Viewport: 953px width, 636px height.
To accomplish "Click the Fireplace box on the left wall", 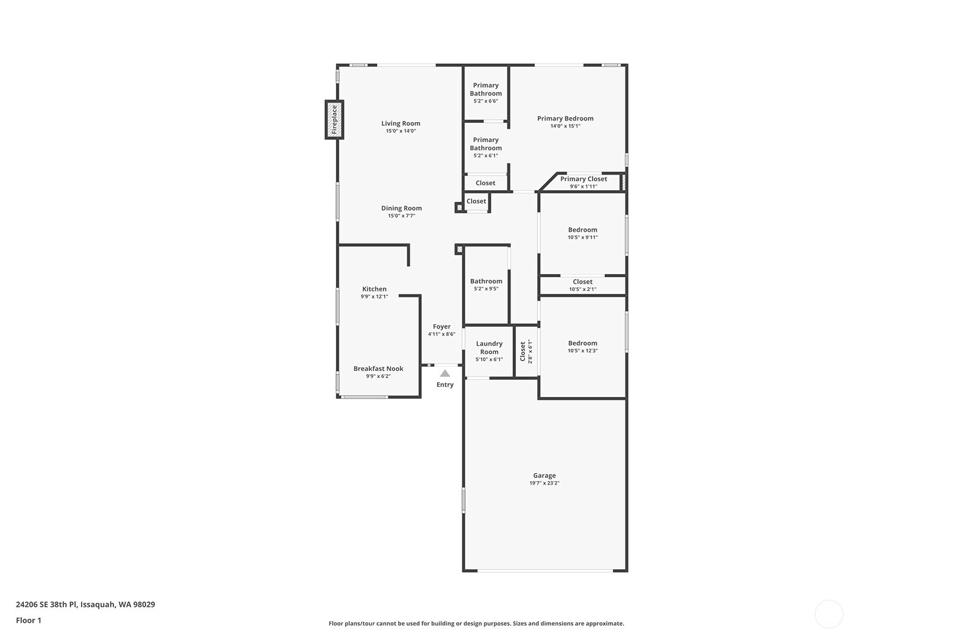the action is pyautogui.click(x=334, y=120).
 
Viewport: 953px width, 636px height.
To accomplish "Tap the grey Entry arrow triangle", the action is pyautogui.click(x=445, y=373).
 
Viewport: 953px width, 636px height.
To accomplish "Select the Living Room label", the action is pyautogui.click(x=401, y=123).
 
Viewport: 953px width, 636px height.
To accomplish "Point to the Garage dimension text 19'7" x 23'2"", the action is pyautogui.click(x=544, y=483).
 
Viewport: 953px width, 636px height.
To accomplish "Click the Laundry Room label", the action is pyautogui.click(x=489, y=348).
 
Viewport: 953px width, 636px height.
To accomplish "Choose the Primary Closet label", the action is pyautogui.click(x=584, y=179).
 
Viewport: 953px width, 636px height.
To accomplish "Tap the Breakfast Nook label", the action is pyautogui.click(x=378, y=368).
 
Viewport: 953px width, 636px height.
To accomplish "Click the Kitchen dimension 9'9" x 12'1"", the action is pyautogui.click(x=375, y=297).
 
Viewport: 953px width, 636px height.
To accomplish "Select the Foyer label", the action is pyautogui.click(x=441, y=327).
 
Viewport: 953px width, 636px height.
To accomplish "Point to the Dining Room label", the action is pyautogui.click(x=401, y=208).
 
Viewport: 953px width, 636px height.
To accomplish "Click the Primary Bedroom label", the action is pyautogui.click(x=565, y=119).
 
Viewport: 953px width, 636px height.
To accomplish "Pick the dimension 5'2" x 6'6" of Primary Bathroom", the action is pyautogui.click(x=486, y=101).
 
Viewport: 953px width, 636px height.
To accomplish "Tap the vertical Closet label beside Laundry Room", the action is pyautogui.click(x=523, y=352).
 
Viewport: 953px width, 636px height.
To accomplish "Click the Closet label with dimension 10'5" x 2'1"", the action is pyautogui.click(x=583, y=281).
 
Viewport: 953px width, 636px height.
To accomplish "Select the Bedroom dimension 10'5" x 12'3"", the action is pyautogui.click(x=583, y=350).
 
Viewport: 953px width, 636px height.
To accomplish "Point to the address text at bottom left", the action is pyautogui.click(x=86, y=604).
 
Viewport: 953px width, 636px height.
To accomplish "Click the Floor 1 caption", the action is pyautogui.click(x=29, y=621).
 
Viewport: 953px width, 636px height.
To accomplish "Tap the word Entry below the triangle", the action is pyautogui.click(x=445, y=385).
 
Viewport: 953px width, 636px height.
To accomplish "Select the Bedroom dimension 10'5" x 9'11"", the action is pyautogui.click(x=583, y=238).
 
